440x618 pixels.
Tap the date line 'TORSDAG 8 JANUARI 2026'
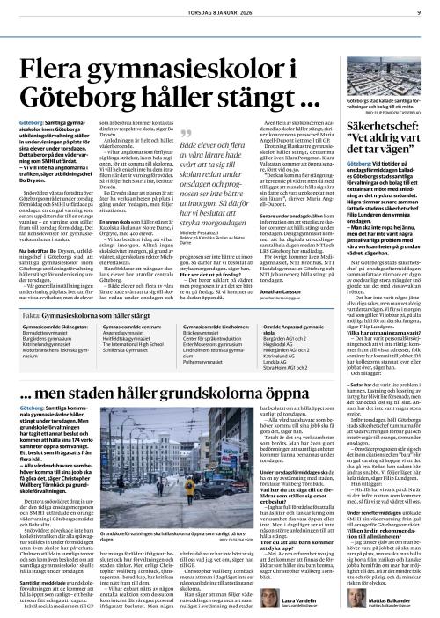click(219, 10)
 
